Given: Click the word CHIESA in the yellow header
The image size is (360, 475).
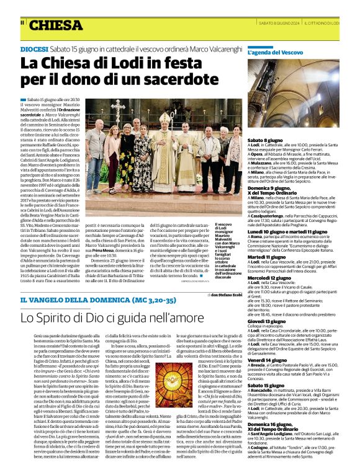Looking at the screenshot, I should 56,25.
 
